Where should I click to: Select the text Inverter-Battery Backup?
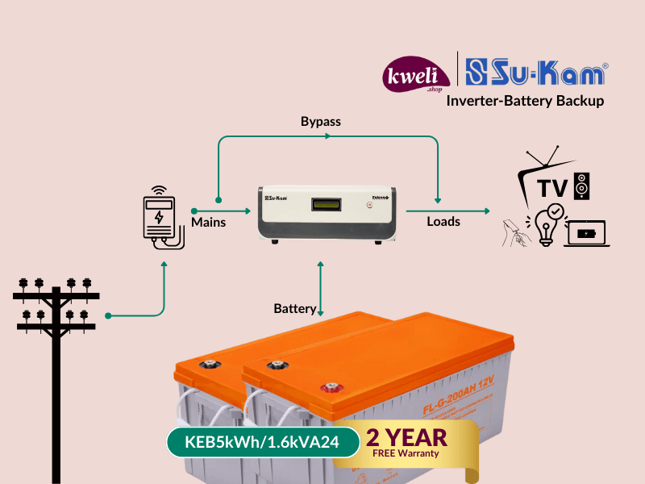click(x=525, y=102)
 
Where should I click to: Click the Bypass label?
click(x=321, y=122)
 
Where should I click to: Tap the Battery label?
click(x=294, y=309)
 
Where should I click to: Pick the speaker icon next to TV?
click(x=582, y=186)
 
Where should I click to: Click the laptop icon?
click(x=587, y=234)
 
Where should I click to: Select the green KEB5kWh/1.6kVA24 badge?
click(x=261, y=441)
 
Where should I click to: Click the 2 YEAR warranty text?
click(x=406, y=438)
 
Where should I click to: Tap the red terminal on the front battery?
click(x=329, y=386)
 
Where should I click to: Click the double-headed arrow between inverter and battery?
click(x=321, y=286)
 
